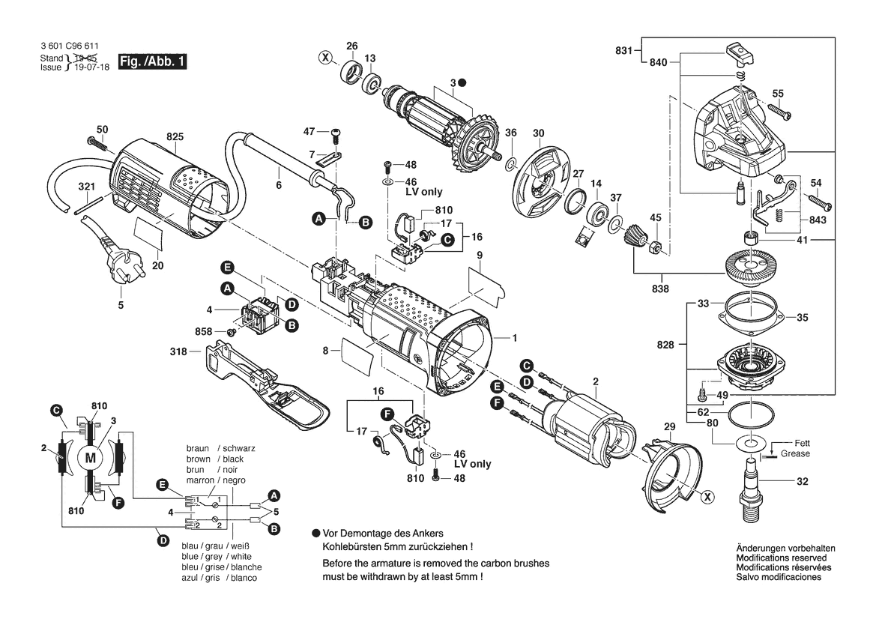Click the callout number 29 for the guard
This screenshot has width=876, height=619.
pos(669,426)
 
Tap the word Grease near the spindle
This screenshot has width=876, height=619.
pos(794,454)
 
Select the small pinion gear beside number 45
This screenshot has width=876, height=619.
pos(633,241)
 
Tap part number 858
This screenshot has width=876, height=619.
pos(204,331)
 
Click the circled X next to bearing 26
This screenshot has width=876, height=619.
pos(324,57)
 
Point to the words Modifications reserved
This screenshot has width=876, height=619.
pos(781,558)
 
